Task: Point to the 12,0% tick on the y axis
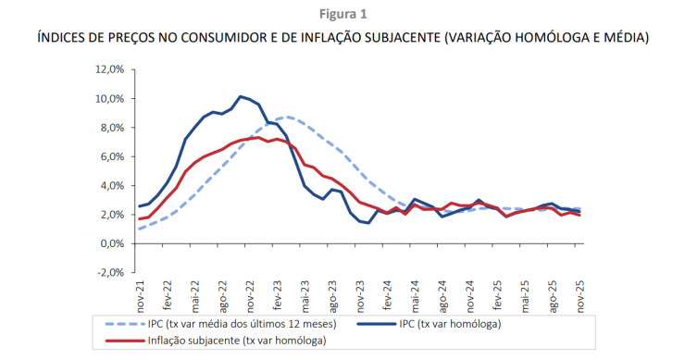108,69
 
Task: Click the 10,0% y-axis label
108,99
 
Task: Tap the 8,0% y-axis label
111,128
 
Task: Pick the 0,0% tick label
111,244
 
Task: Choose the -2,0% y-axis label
109,273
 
